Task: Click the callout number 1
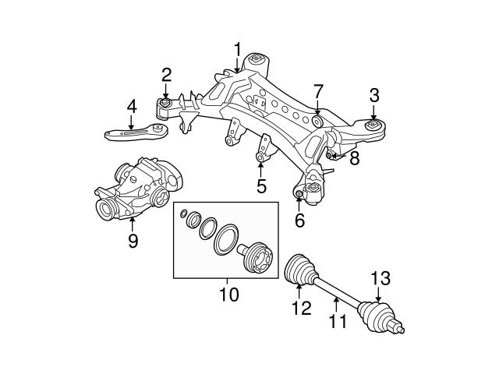(x=237, y=50)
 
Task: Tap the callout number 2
(x=166, y=75)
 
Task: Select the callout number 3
(x=374, y=96)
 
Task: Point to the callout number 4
(x=132, y=105)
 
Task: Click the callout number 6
(x=299, y=221)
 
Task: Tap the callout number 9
(x=133, y=241)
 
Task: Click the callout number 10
(x=230, y=295)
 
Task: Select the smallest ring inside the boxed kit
(x=183, y=213)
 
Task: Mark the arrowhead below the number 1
(x=237, y=71)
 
